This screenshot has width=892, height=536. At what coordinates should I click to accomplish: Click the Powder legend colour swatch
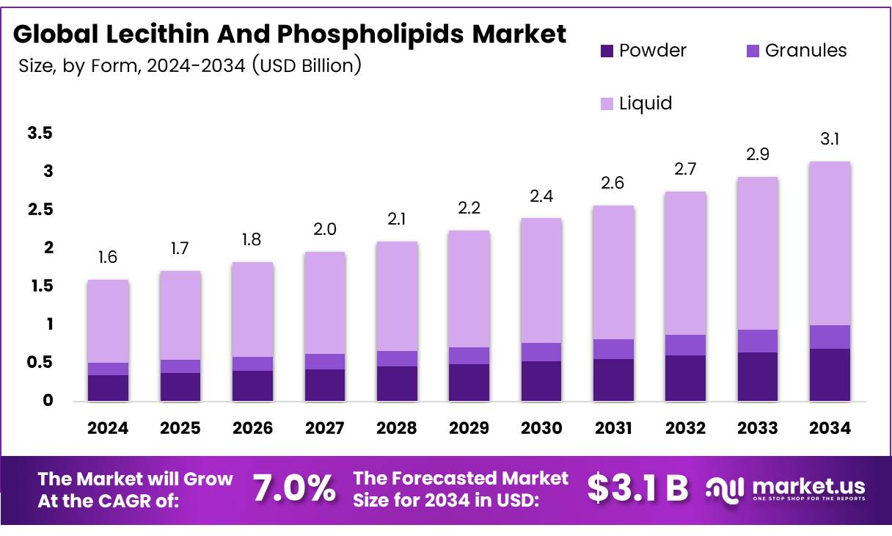(605, 51)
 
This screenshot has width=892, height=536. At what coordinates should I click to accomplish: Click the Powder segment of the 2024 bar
(108, 388)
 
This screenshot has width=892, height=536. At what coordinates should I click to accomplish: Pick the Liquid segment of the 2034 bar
(830, 243)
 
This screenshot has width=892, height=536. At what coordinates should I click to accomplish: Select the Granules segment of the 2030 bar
(541, 352)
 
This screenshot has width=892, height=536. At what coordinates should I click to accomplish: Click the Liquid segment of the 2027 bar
(325, 303)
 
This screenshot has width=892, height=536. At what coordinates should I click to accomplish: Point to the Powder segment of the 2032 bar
(685, 378)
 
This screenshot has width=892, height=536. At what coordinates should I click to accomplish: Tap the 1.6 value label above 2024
(108, 257)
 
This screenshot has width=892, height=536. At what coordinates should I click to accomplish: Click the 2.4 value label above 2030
(541, 196)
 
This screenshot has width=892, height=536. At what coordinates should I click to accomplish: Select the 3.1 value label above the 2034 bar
(830, 139)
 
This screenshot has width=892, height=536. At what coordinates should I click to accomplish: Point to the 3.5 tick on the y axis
(40, 134)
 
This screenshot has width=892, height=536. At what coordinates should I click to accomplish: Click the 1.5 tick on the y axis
(40, 286)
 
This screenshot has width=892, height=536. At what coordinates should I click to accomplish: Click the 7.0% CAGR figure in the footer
(294, 489)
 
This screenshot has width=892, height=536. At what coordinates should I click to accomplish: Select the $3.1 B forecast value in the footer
(637, 489)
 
